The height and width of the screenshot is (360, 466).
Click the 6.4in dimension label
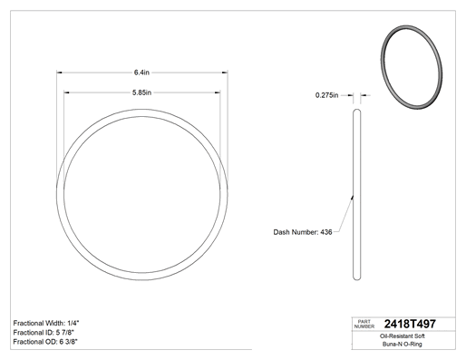click(x=141, y=73)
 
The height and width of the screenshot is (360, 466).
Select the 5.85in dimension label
click(x=141, y=92)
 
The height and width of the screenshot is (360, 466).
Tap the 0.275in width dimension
click(x=327, y=95)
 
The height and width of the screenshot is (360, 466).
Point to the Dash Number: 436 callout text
click(x=303, y=232)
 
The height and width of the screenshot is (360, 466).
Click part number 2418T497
click(x=410, y=324)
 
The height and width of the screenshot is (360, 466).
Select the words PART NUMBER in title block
click(x=364, y=324)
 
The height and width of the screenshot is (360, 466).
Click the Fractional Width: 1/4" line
click(x=46, y=323)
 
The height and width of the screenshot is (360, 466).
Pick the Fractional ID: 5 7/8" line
click(x=44, y=333)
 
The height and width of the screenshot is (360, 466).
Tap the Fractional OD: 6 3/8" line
click(x=45, y=342)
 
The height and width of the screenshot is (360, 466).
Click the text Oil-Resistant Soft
click(x=403, y=336)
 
